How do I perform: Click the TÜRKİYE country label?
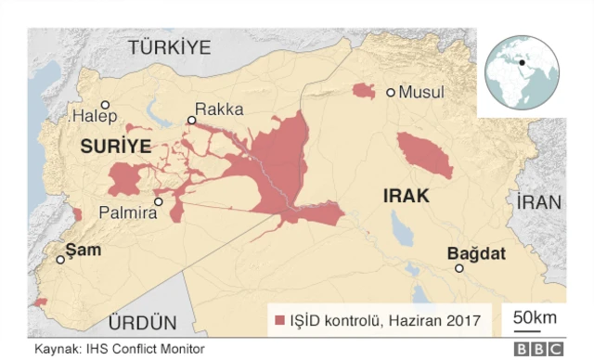(x=170, y=47)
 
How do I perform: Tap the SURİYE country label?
(x=115, y=147)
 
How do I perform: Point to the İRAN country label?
(x=540, y=203)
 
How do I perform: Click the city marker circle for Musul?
(x=391, y=92)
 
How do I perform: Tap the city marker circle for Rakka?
(x=191, y=120)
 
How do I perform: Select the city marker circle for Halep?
(x=106, y=105)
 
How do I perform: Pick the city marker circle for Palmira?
(x=159, y=201)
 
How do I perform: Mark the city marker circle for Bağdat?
(x=458, y=268)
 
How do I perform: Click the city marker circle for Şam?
(x=61, y=260)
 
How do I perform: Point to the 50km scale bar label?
(x=535, y=317)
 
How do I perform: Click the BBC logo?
(x=538, y=350)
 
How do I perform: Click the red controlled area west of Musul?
(x=363, y=91)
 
